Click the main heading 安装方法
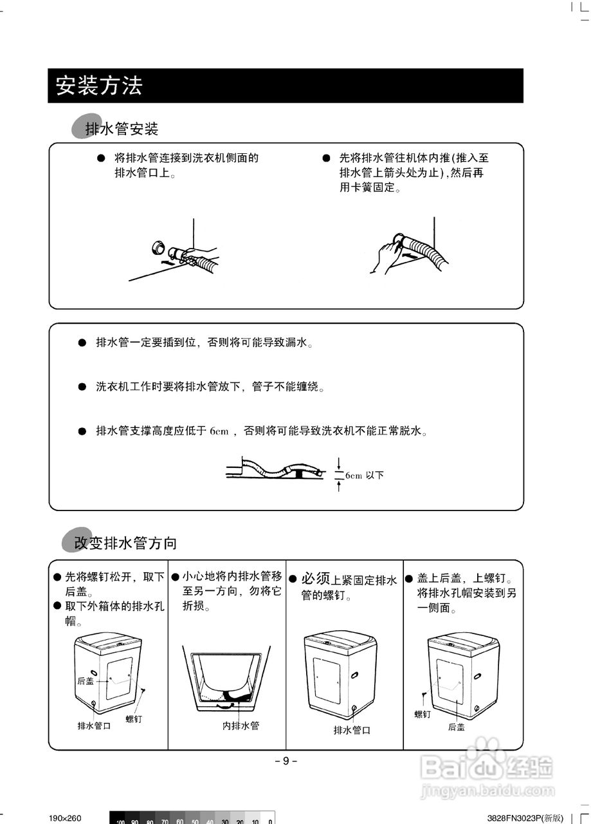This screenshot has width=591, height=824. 98,86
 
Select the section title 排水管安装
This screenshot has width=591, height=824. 122,129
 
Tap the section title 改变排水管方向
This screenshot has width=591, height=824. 125,543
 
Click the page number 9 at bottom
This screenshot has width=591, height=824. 286,761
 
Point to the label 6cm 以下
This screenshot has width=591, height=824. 364,476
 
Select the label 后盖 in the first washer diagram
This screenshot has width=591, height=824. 85,680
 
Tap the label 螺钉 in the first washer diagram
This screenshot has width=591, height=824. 134,718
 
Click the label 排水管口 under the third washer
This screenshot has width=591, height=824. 352,730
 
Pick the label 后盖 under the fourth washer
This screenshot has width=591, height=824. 457,727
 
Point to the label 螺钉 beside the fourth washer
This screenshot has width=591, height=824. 422,714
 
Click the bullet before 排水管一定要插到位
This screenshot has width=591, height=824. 82,342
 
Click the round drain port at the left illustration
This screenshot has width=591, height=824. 156,247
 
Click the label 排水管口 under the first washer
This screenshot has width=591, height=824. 94,726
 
